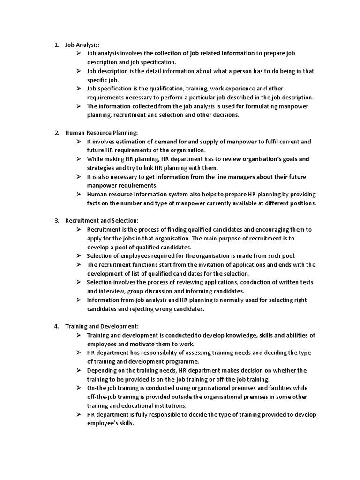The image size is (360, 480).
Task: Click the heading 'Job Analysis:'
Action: point(82,45)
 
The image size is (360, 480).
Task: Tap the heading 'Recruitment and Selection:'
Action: point(102,220)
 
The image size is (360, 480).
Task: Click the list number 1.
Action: point(56,45)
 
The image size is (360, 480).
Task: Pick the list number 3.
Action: point(56,220)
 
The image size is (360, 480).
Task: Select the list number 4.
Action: point(56,326)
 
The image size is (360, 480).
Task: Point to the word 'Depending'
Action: point(102,370)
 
